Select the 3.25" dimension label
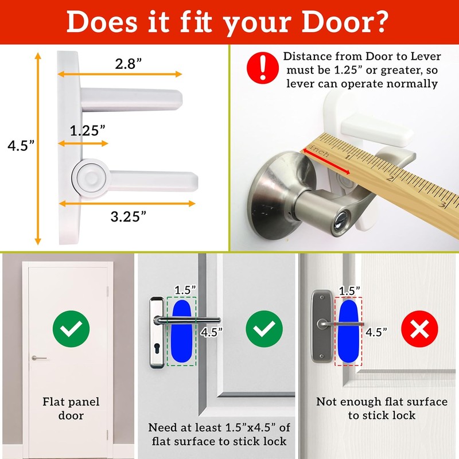click(127, 216)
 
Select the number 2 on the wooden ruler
click(391, 178)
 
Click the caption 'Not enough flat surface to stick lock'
click(382, 409)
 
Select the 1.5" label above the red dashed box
click(349, 290)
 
